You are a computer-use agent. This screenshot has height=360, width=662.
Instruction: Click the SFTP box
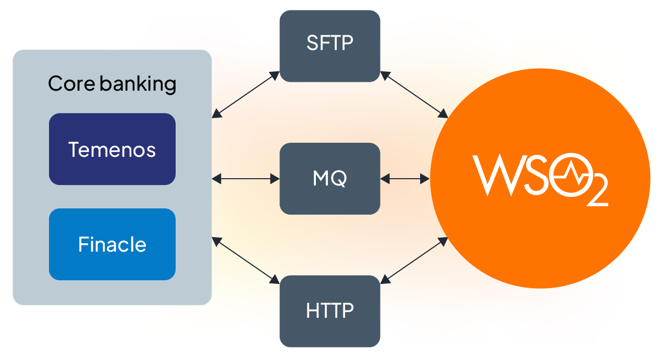[329, 46]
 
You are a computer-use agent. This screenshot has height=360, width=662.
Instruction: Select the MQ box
[329, 179]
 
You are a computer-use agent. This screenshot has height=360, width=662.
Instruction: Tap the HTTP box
[329, 311]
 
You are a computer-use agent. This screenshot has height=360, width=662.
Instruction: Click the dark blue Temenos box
[112, 149]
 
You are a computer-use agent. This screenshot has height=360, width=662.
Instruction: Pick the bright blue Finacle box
[112, 244]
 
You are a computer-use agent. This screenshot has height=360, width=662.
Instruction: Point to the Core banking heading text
[112, 84]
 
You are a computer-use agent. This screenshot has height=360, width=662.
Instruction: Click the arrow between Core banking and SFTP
[246, 94]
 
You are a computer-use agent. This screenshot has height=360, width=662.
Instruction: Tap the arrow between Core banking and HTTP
[246, 260]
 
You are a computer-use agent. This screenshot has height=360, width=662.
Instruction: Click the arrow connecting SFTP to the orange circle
[414, 94]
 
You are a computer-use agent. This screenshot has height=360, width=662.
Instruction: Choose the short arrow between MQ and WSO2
[405, 179]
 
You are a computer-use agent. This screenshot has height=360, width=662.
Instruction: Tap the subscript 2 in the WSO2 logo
[597, 193]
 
